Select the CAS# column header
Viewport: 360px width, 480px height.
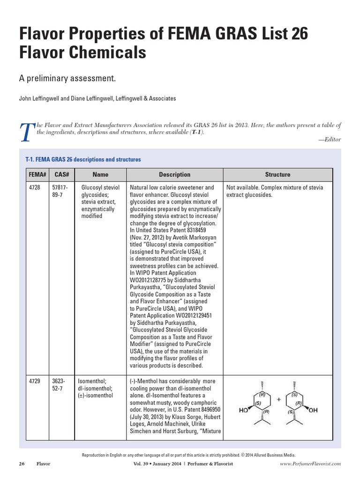(62, 174)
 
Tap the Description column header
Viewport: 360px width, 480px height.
(174, 174)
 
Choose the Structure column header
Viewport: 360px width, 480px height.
(277, 174)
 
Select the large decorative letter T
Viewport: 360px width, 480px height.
(27, 133)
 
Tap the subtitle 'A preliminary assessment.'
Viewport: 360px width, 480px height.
(67, 78)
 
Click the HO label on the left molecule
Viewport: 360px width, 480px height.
(244, 410)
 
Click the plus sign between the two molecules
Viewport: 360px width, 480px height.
(279, 399)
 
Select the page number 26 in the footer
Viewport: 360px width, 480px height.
(22, 464)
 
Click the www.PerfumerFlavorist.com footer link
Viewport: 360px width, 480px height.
(310, 464)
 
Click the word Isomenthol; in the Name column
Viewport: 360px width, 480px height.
(92, 382)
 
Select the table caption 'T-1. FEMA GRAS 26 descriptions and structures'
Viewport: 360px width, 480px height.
(82, 159)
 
